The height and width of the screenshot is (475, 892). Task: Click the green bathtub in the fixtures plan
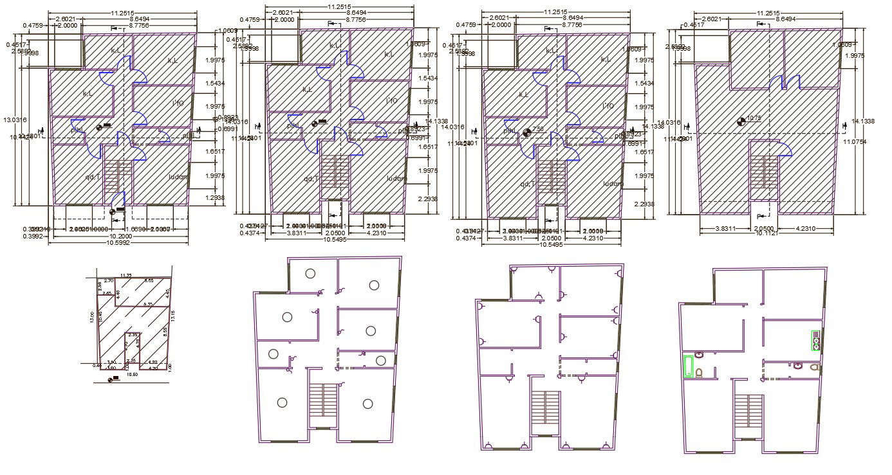(x=688, y=366)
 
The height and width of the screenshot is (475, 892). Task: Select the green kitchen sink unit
(x=816, y=341)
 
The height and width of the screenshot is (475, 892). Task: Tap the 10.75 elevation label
(x=754, y=118)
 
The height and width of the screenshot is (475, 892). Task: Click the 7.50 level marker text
(x=538, y=129)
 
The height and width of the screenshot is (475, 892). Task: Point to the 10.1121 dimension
(x=765, y=233)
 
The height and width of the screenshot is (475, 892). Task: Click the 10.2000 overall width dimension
(x=120, y=236)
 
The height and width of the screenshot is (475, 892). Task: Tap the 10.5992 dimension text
(x=120, y=243)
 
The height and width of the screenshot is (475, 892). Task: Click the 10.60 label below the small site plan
(x=132, y=373)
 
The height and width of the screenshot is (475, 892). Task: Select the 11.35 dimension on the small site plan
(x=126, y=275)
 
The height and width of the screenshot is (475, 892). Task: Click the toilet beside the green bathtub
(x=699, y=373)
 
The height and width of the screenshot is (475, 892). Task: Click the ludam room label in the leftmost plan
(x=178, y=177)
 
